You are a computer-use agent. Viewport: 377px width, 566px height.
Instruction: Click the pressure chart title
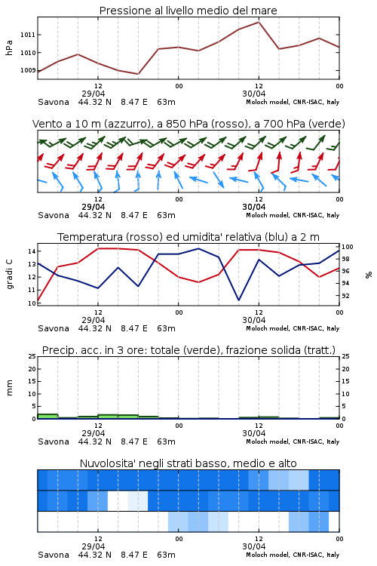coord(188,11)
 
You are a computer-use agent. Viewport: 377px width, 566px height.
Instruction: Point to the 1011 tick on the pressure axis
coord(28,35)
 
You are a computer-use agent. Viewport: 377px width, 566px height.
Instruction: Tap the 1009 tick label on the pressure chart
coord(28,70)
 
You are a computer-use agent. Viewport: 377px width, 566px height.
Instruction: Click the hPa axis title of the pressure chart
coord(9,48)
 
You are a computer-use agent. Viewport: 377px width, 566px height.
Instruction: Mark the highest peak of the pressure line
coord(259,22)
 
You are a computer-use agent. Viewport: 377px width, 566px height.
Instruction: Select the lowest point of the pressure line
coord(138,74)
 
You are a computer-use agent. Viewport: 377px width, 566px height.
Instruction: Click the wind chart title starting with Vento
coord(188,124)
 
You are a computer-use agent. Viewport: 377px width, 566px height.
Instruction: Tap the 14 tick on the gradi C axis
coord(32,251)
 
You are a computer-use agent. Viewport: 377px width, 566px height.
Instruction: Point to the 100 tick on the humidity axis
coord(348,247)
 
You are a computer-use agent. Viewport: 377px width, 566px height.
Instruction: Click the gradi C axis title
coord(9,274)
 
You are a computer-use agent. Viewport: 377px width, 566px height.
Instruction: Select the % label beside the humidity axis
coord(369,275)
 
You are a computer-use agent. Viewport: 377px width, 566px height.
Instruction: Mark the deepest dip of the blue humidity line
coord(238,300)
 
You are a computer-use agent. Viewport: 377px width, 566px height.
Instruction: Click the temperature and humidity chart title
coord(188,237)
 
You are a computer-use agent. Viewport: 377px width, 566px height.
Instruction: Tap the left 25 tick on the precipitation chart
coord(32,356)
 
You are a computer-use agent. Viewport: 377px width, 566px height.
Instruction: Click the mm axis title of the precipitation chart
coord(9,388)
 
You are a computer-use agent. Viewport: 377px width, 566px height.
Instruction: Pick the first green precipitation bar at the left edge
coord(48,416)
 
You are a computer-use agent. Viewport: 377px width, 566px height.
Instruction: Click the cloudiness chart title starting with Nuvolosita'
coord(188,463)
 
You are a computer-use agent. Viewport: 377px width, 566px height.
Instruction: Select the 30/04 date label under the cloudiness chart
coord(254,546)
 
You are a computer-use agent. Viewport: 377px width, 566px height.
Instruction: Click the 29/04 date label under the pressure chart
coord(93,94)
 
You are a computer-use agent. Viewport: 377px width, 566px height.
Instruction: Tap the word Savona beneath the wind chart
coord(54,216)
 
